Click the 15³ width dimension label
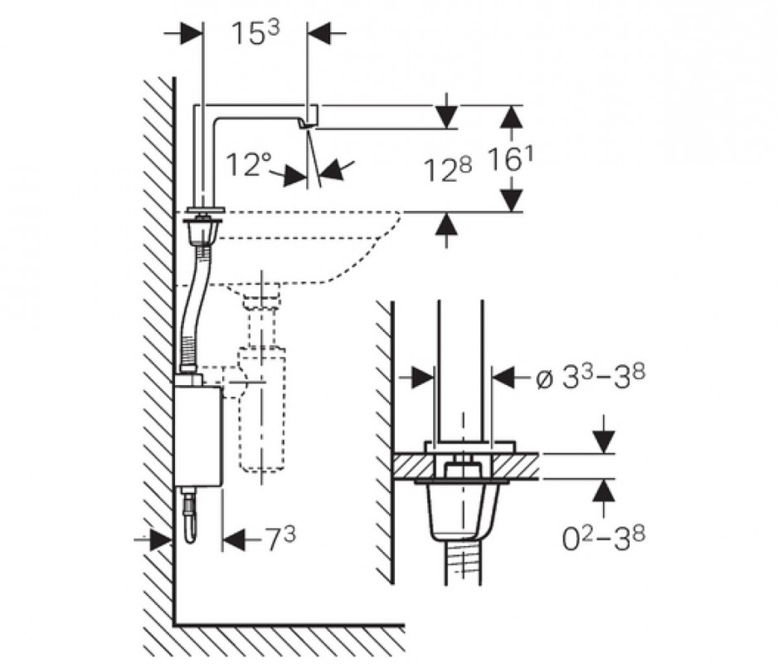[x=255, y=34]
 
